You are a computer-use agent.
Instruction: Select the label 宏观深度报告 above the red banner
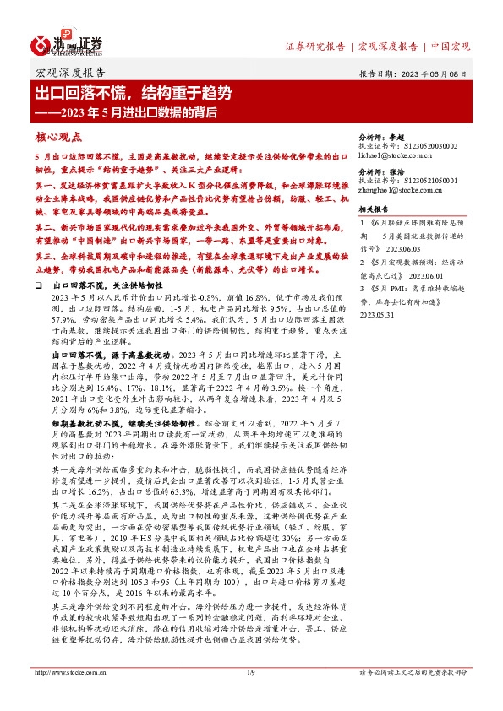pos(70,73)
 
